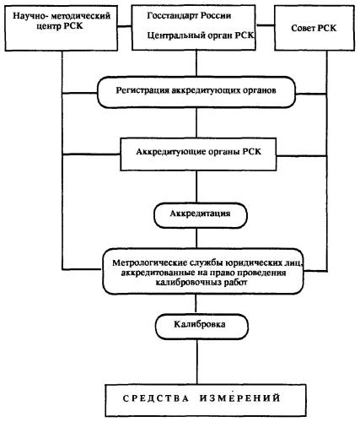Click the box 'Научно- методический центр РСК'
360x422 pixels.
tap(62, 28)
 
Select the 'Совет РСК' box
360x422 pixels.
tap(314, 28)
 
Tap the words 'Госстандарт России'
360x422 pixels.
tap(189, 15)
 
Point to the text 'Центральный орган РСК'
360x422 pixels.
tap(201, 35)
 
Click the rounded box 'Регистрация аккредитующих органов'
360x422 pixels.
tap(196, 92)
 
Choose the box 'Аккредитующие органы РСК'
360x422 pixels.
tap(198, 154)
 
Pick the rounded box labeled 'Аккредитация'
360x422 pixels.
tap(201, 215)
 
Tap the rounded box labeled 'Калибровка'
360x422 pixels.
tap(201, 327)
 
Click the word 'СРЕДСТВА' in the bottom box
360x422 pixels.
tap(156, 398)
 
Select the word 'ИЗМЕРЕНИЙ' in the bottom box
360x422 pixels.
tap(240, 398)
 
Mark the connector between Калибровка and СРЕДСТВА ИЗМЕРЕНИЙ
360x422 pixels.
tap(196, 362)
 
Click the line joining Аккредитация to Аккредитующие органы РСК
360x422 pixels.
tap(196, 187)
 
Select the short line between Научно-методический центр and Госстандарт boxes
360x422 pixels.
tap(125, 27)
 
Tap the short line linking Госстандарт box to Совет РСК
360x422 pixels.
tap(266, 25)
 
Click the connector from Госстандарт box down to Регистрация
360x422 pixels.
tap(196, 63)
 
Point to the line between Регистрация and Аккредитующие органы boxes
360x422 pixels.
tap(196, 123)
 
